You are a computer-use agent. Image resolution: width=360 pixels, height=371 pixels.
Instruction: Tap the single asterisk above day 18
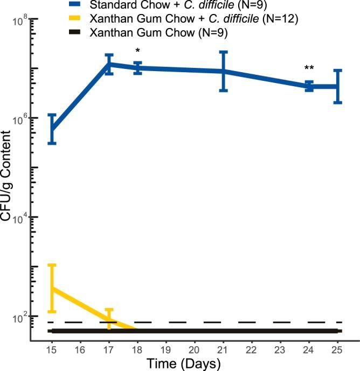click(x=138, y=52)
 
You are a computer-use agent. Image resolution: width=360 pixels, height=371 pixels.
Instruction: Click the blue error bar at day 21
click(x=223, y=71)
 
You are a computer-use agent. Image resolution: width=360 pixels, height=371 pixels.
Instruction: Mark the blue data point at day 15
click(x=52, y=129)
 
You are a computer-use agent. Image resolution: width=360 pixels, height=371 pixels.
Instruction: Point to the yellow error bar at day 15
click(x=52, y=288)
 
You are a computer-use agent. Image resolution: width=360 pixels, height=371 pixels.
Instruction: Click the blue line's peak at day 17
click(x=109, y=64)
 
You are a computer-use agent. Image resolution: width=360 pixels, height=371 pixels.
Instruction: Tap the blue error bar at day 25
click(x=337, y=86)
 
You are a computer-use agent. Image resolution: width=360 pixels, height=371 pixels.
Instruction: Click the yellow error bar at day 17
click(x=109, y=318)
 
